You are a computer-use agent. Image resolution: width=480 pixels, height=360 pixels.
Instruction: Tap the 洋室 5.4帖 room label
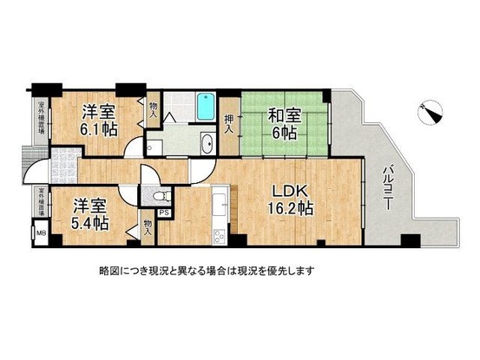coord(89,213)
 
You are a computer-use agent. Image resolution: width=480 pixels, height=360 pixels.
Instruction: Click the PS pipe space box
coord(164,211)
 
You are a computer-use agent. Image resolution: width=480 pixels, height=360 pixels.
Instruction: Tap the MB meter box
coord(39,232)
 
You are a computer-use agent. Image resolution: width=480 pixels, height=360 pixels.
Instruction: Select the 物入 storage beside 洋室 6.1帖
coord(154,108)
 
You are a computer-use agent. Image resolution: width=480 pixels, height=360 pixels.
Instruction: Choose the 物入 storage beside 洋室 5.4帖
coord(147,227)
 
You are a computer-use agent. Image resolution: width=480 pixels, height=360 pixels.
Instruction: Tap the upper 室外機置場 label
coord(40,121)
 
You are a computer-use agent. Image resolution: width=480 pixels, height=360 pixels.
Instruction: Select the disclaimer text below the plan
coord(206,271)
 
